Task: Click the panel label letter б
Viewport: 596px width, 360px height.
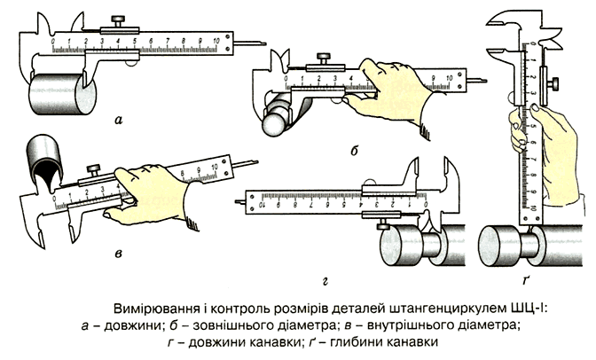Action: pos(353,151)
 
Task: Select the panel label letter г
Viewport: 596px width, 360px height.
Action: pos(326,282)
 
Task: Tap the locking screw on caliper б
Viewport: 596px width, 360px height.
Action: pos(326,58)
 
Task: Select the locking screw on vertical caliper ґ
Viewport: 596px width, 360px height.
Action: pos(556,83)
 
